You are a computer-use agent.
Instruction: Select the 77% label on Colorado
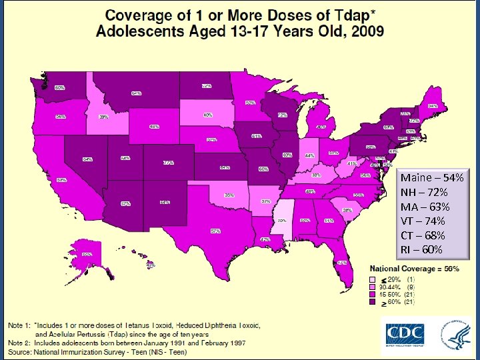click(169, 163)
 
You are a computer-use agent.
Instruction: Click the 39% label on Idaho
click(104, 117)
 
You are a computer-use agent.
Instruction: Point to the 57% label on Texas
click(215, 231)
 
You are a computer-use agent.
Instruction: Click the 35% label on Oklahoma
click(229, 195)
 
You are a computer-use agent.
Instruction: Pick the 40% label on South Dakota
click(207, 115)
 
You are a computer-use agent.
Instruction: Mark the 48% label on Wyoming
click(154, 127)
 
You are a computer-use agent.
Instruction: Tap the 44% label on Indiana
click(309, 155)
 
